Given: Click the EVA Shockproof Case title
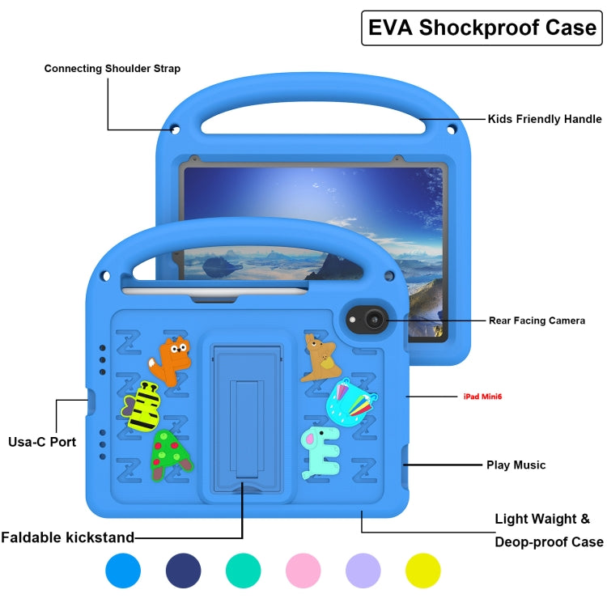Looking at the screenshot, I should click(x=482, y=28).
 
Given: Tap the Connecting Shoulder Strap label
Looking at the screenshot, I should click(x=112, y=69).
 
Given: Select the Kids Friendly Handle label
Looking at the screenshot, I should click(x=544, y=119).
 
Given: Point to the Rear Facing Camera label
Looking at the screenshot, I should click(x=537, y=320).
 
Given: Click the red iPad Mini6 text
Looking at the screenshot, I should click(x=490, y=397).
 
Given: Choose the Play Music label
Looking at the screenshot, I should click(x=516, y=465).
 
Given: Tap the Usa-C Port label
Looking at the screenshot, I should click(x=42, y=442).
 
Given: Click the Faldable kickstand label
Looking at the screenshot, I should click(x=68, y=537).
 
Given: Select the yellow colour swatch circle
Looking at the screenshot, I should click(x=423, y=571).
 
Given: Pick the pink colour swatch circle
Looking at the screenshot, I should click(x=304, y=571).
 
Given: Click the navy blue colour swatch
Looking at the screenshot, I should click(x=184, y=571).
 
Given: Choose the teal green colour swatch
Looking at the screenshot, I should click(x=244, y=571).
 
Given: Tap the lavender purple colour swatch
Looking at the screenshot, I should click(x=363, y=571).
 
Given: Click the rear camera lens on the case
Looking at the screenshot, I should click(x=372, y=320).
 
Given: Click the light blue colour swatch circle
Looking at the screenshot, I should click(x=123, y=571).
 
